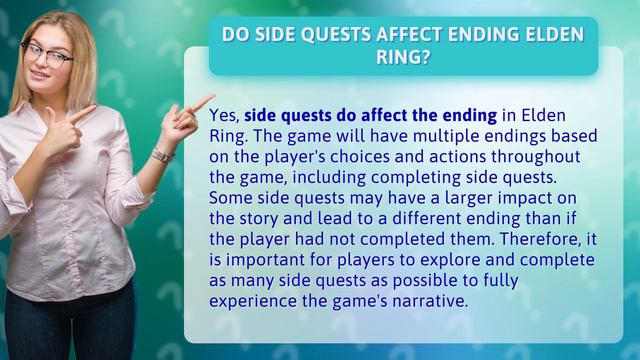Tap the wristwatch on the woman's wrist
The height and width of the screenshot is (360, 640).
[162, 154]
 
